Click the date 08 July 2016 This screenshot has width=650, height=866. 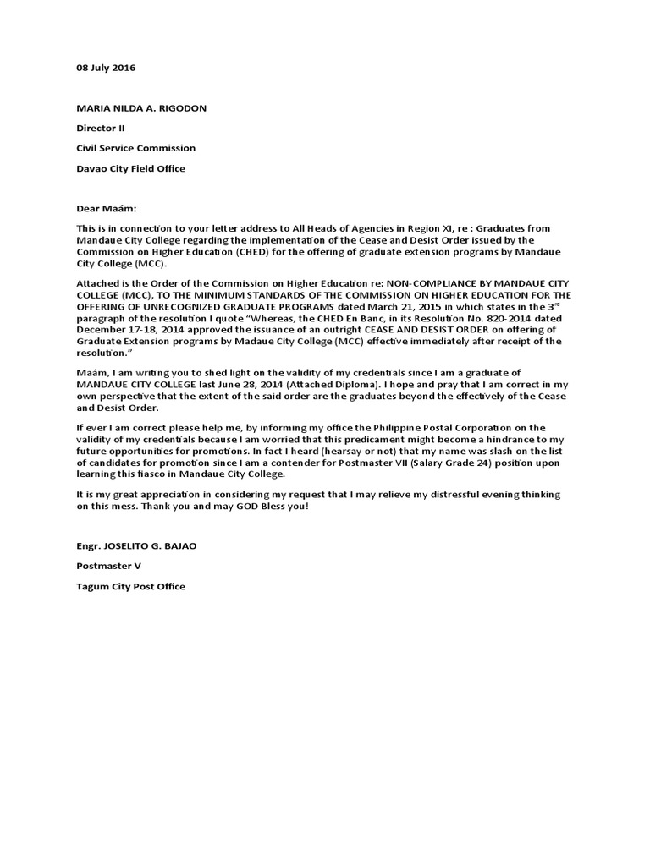(106, 67)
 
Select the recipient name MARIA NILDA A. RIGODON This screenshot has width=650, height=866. (141, 107)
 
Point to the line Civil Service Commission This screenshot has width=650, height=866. (136, 148)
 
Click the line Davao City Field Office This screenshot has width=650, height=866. (131, 168)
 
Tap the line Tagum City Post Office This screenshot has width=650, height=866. (131, 586)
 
